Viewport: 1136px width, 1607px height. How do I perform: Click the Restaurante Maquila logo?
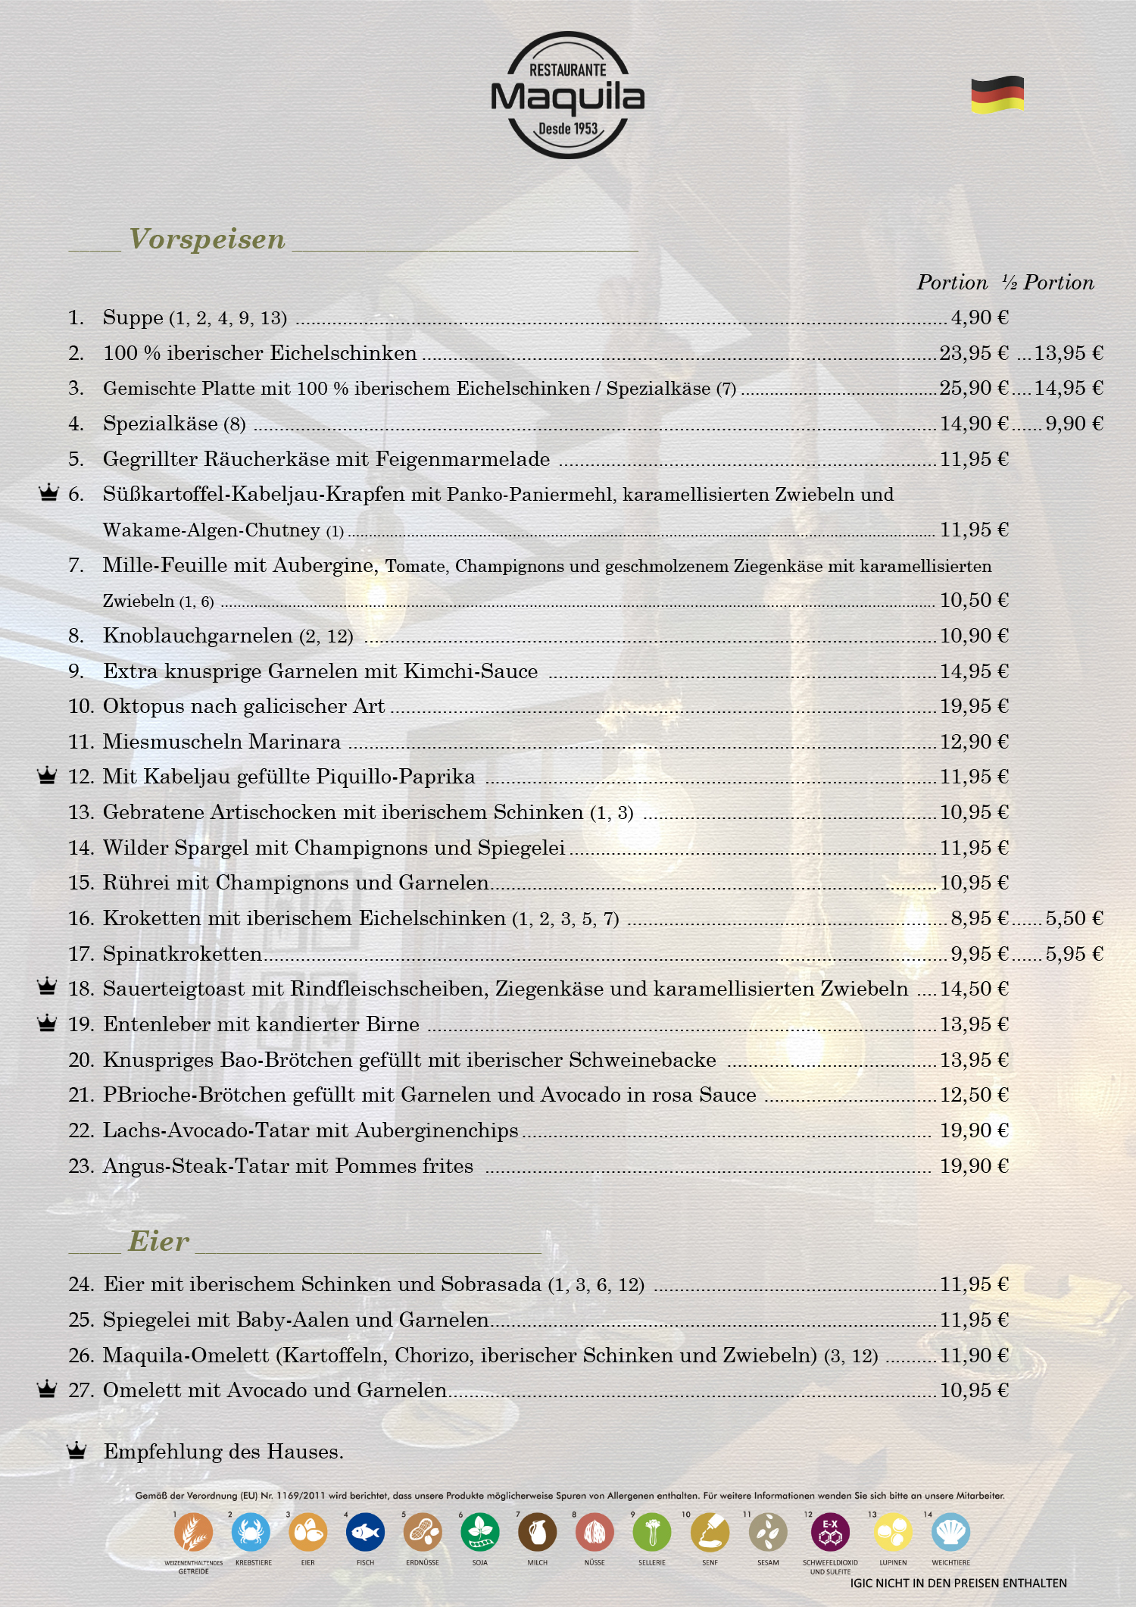(567, 95)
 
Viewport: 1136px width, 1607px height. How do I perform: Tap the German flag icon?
(997, 95)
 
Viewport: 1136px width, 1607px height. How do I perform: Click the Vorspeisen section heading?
(207, 239)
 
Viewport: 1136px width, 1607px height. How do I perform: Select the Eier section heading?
(158, 1242)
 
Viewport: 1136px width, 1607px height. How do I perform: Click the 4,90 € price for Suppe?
(979, 317)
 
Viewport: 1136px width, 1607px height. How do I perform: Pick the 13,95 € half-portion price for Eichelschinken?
(1069, 353)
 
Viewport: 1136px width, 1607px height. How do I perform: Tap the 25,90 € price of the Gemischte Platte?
(974, 388)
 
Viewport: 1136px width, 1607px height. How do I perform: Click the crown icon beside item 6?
(48, 493)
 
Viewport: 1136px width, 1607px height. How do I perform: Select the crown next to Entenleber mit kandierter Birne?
(47, 1024)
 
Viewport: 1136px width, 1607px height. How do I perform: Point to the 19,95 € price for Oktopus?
(974, 706)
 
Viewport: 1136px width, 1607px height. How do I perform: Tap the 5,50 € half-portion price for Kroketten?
(1074, 918)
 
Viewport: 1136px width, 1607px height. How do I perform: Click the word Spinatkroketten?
(183, 954)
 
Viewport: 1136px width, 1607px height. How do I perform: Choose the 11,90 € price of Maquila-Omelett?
(974, 1355)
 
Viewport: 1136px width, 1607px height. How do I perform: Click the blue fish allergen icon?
(365, 1532)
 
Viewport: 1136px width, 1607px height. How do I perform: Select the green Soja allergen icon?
(480, 1532)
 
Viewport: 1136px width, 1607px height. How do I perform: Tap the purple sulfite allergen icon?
(830, 1532)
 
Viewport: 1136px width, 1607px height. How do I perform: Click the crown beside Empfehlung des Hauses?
(76, 1451)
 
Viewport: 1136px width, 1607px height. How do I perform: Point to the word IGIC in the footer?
(861, 1583)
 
